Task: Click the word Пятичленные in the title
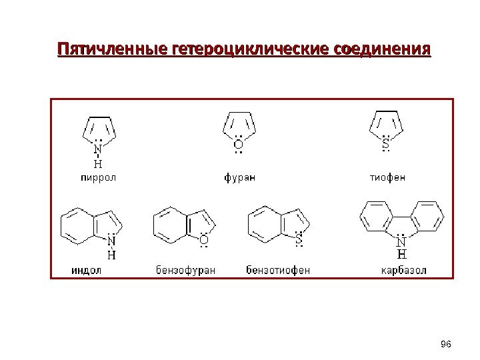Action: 113,51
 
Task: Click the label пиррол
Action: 98,177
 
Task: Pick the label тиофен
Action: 387,177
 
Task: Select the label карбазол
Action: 403,270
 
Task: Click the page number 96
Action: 447,343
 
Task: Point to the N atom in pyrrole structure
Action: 98,149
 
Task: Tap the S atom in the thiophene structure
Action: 385,141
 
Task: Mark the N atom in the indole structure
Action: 111,241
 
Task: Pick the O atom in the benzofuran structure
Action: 204,239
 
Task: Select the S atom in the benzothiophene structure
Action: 299,237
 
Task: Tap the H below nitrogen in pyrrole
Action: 98,162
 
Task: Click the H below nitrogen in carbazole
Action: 402,254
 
